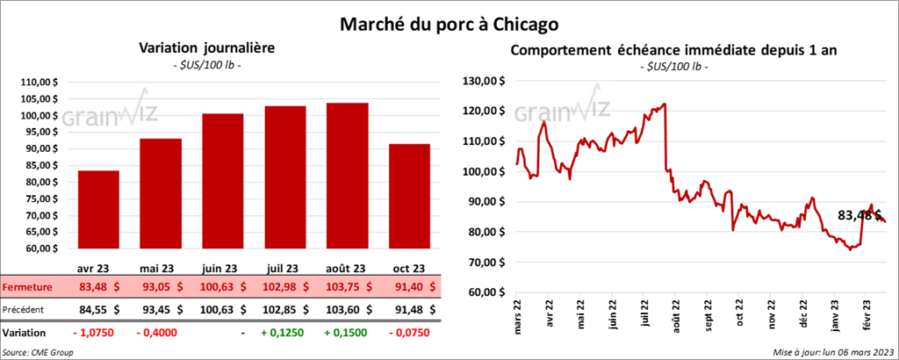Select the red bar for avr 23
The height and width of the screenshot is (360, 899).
pos(98,209)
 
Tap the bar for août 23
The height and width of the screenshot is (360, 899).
pos(347,176)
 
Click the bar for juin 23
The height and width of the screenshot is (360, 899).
pos(222,181)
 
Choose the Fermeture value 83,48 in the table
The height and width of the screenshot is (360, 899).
pos(97,287)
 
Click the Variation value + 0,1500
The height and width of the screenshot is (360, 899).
pos(347,334)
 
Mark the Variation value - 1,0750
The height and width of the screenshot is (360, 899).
pos(98,334)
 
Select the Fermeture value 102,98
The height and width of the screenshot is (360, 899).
pos(285,287)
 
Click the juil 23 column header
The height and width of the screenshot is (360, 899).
pos(284,268)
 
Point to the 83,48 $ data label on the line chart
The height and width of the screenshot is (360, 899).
pos(858,214)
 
